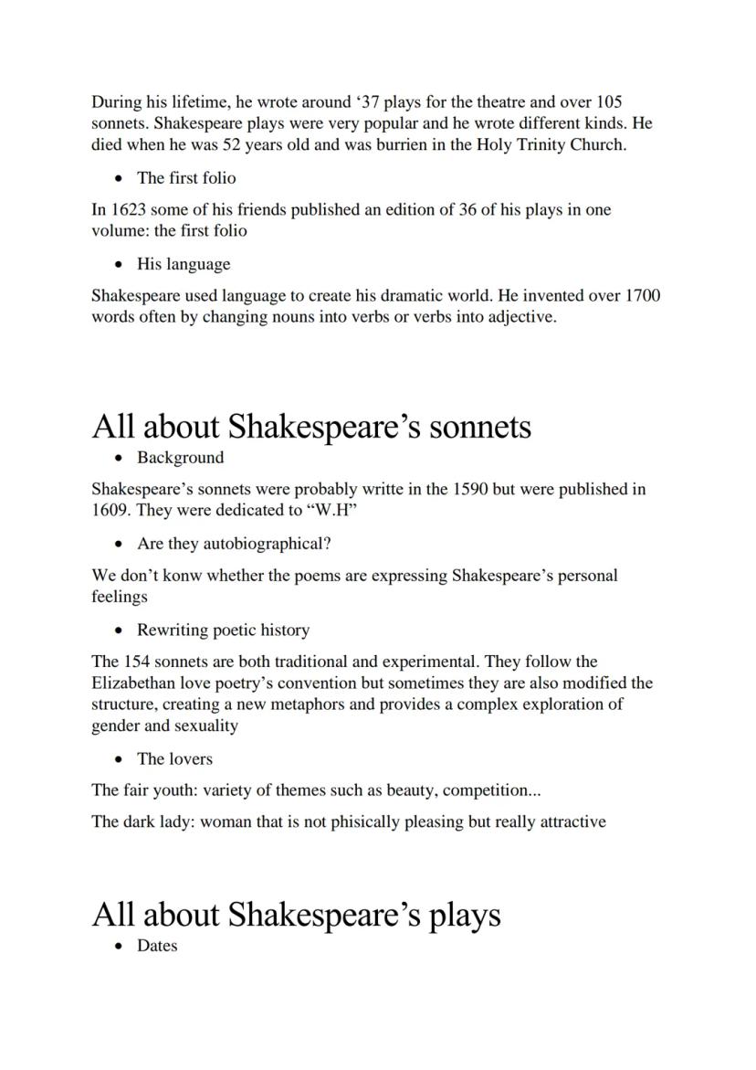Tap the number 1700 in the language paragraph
[643, 296]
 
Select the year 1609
[111, 510]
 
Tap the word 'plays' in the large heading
[463, 915]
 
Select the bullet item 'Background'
[180, 457]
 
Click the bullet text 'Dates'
[157, 946]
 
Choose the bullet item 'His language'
[184, 264]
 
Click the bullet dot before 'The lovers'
[119, 758]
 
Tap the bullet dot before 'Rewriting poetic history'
[119, 630]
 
